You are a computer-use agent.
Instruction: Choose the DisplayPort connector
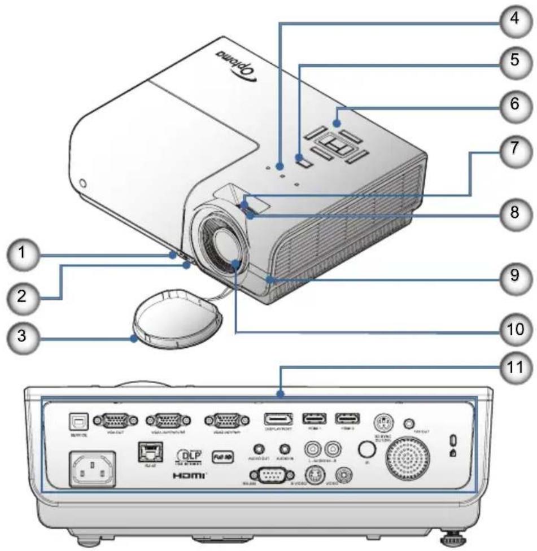click(x=278, y=419)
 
